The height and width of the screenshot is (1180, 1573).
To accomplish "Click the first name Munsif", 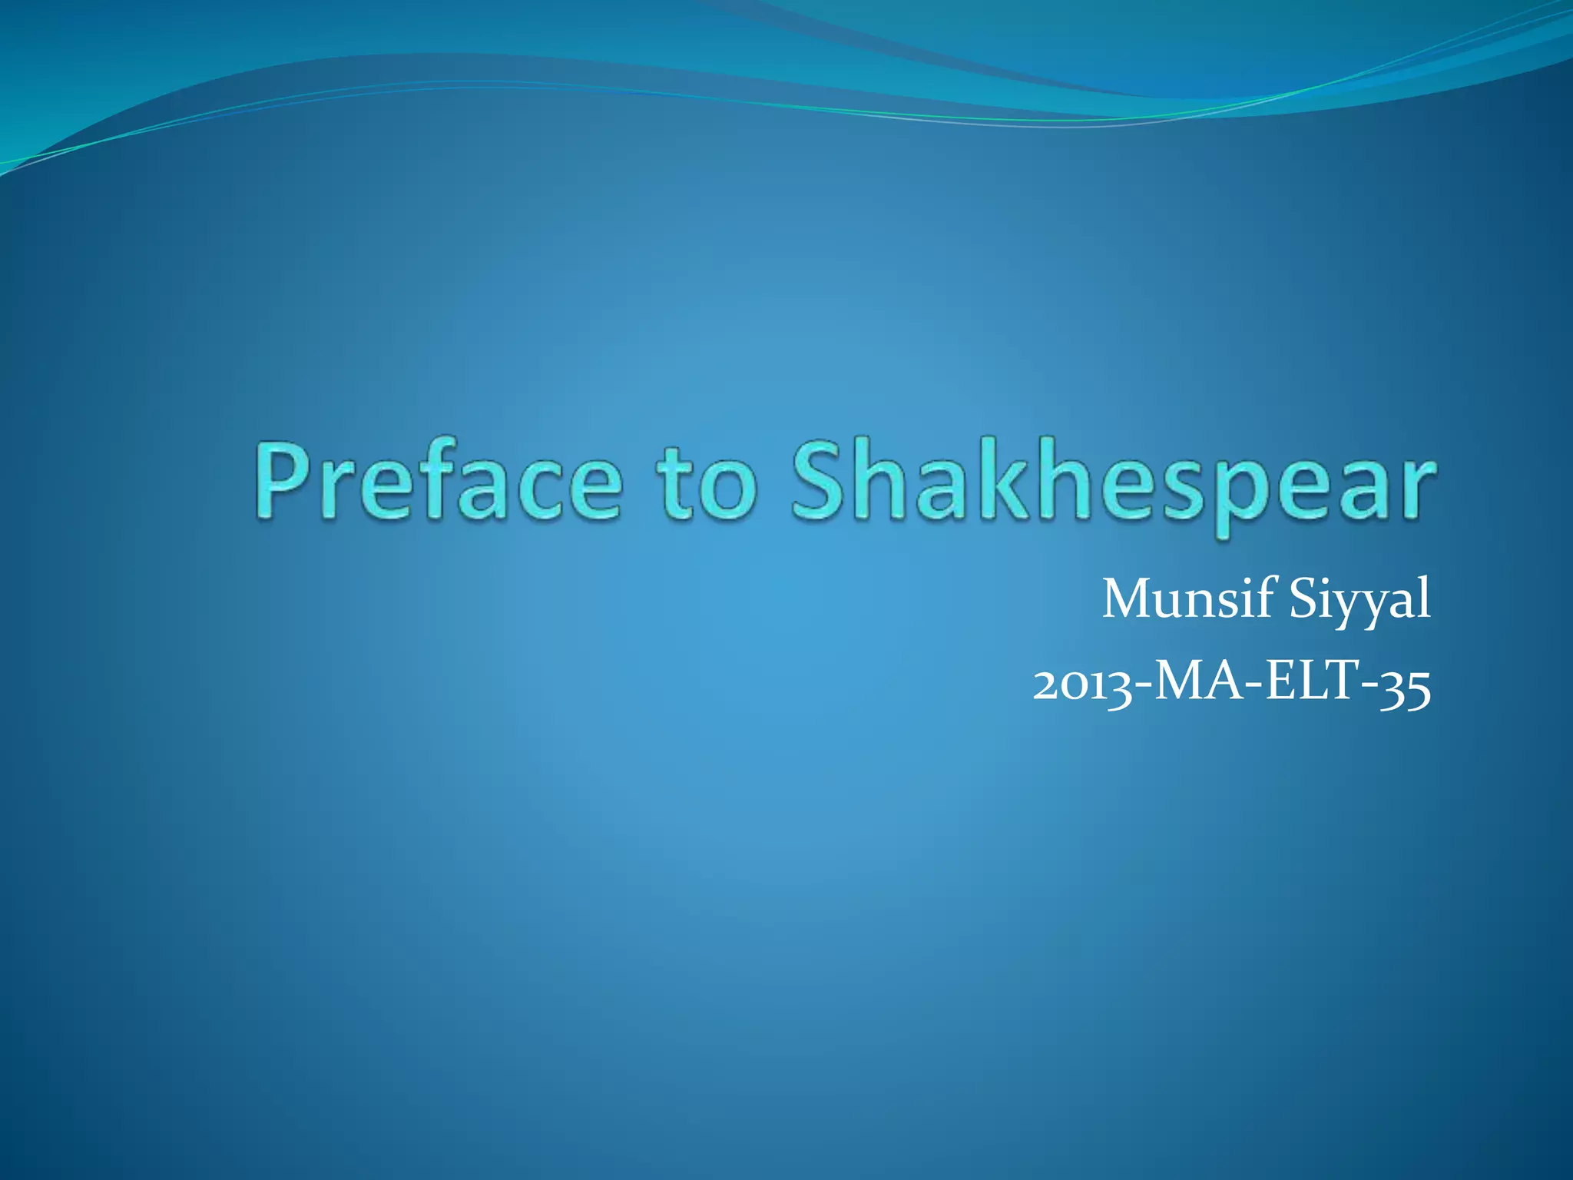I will point(1187,599).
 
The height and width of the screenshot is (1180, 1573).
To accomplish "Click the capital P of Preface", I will point(284,481).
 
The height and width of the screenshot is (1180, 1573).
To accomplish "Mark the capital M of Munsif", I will point(1129,599).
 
